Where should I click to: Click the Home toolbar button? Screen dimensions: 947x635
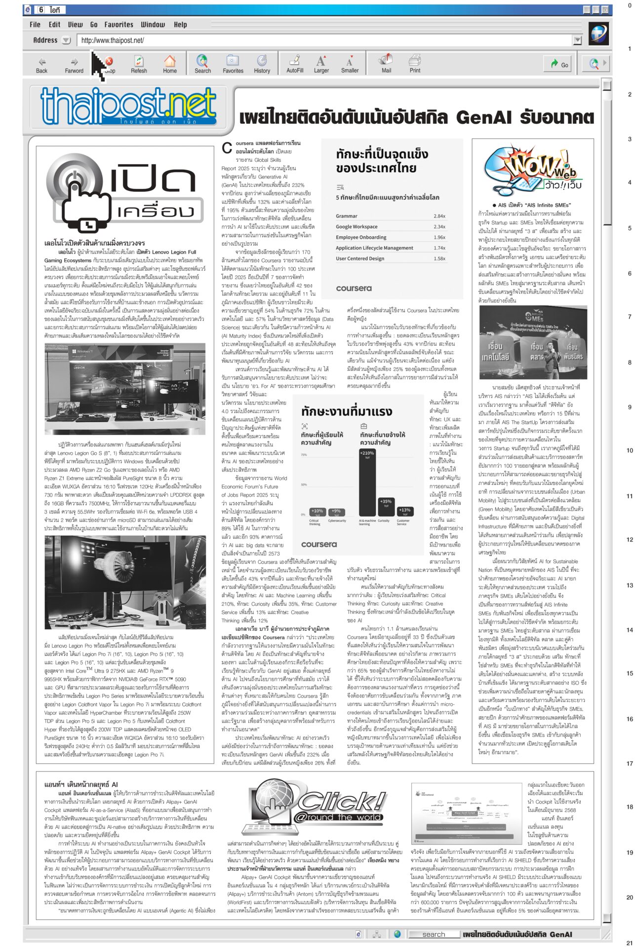[x=170, y=64]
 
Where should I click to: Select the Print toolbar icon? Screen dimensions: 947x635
[x=415, y=64]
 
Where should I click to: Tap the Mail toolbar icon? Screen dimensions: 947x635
[x=386, y=64]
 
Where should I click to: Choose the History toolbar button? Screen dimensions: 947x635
[x=262, y=64]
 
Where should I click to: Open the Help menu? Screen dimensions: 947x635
[x=180, y=24]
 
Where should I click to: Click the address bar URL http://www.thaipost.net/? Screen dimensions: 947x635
[x=113, y=40]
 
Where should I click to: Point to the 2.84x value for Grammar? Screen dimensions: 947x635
[x=439, y=216]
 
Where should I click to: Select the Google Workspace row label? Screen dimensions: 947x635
[x=357, y=227]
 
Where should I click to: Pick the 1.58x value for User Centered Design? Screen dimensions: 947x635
[x=439, y=258]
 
